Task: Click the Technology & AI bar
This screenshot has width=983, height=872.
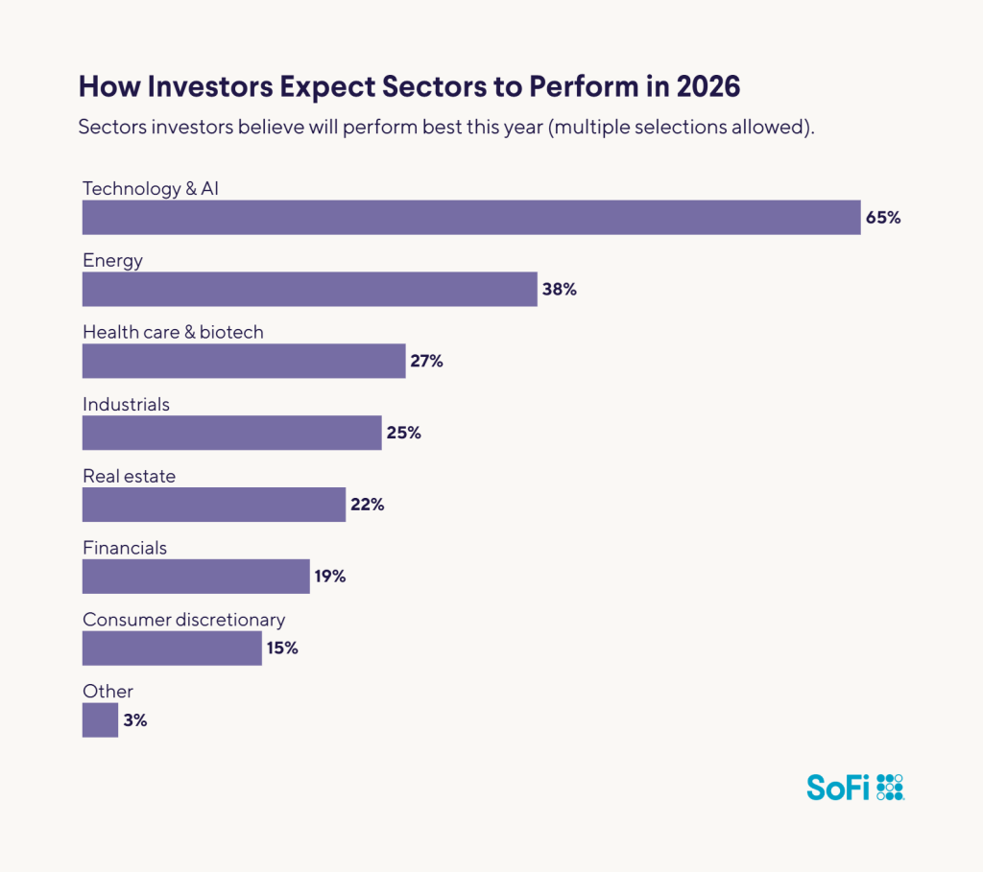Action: coord(470,218)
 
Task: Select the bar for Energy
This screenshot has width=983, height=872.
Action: coord(309,289)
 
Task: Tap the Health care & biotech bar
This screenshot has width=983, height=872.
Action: coord(244,361)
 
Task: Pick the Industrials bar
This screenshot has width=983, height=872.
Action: coord(231,433)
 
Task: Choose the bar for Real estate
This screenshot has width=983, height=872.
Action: coord(213,505)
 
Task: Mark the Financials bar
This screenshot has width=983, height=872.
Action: coord(196,577)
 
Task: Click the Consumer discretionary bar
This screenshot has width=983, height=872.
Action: coord(172,648)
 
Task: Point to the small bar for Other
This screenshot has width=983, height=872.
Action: coord(100,720)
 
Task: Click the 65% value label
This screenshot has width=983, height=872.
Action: coord(883,218)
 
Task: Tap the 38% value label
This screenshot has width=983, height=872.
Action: coord(559,289)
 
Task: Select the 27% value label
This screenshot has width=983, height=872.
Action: coord(426,361)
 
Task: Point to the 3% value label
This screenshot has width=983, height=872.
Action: coord(135,720)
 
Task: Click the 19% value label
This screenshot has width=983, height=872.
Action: coord(329,577)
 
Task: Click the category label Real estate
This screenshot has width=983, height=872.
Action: coord(129,476)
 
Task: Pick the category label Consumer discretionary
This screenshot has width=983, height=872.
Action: coord(183,620)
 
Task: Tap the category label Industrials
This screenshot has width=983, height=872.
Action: coord(126,404)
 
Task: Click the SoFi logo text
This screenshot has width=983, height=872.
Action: coord(838,788)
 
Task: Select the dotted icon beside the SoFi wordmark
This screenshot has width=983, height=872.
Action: coord(891,787)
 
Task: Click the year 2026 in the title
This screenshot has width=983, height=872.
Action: coord(708,86)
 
